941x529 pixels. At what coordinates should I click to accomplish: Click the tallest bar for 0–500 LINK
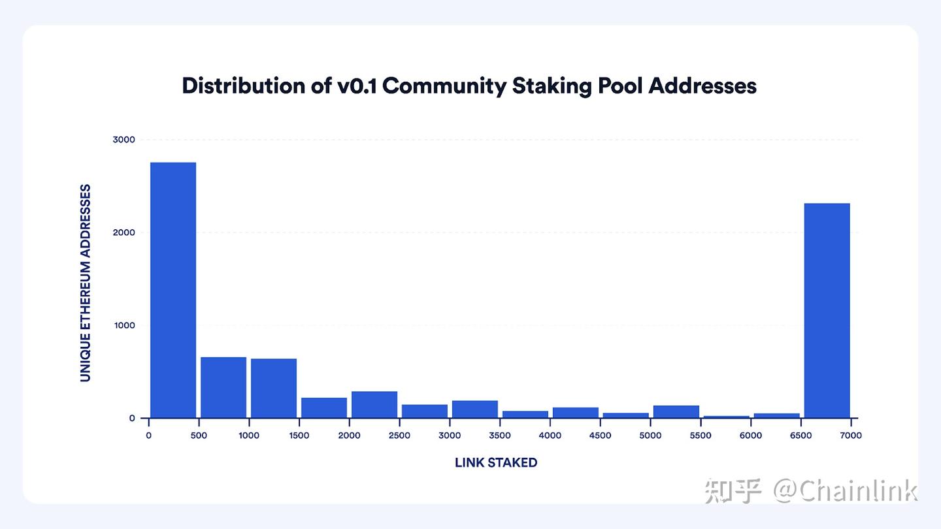point(173,290)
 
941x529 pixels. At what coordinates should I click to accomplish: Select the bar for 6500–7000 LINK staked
point(827,311)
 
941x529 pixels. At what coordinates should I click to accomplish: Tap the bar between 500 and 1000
point(223,387)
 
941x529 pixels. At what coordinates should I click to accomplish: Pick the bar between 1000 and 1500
point(274,388)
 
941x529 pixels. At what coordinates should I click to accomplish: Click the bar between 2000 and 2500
point(374,404)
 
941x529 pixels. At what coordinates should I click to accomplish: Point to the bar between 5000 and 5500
point(676,411)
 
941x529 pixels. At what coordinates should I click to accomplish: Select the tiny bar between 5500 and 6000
point(726,417)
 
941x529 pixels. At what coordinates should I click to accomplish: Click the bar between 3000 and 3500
point(475,409)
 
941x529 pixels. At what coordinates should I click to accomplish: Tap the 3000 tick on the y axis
point(124,139)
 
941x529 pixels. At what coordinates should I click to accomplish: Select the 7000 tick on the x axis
point(851,436)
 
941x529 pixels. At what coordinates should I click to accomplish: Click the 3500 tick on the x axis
point(500,436)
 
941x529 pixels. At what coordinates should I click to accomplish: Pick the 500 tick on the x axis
point(199,436)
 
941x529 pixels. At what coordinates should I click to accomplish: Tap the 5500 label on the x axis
point(701,436)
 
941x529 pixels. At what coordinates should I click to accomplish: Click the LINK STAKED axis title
point(496,462)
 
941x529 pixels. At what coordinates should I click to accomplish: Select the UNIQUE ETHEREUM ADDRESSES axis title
point(86,283)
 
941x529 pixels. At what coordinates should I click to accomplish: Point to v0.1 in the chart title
point(358,86)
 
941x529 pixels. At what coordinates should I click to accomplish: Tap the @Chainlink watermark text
point(846,490)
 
